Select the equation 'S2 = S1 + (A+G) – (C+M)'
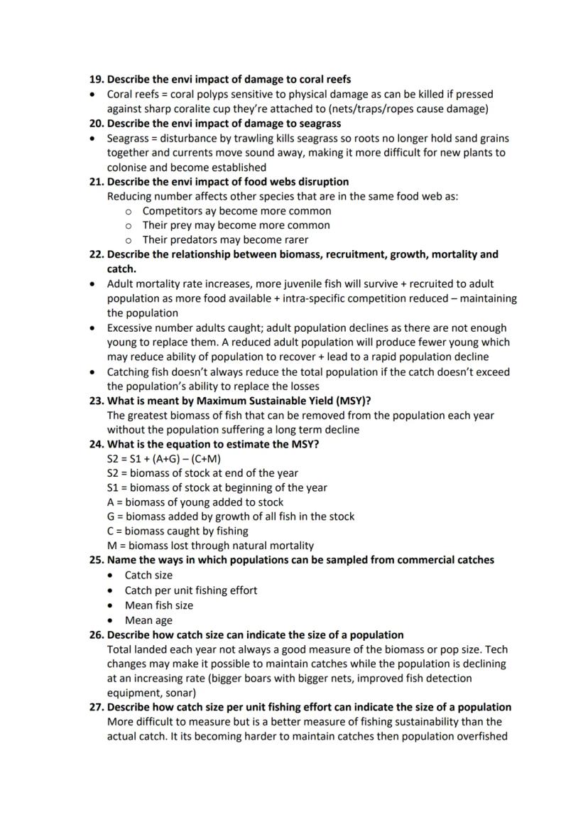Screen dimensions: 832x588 (x=163, y=459)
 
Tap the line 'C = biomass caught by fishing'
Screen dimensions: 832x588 (x=178, y=531)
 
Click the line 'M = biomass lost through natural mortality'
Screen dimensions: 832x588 (x=210, y=546)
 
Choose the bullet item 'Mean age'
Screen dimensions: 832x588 (x=148, y=620)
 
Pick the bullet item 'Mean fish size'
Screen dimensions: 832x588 (x=158, y=605)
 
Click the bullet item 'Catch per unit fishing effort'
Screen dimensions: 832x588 (x=190, y=590)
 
